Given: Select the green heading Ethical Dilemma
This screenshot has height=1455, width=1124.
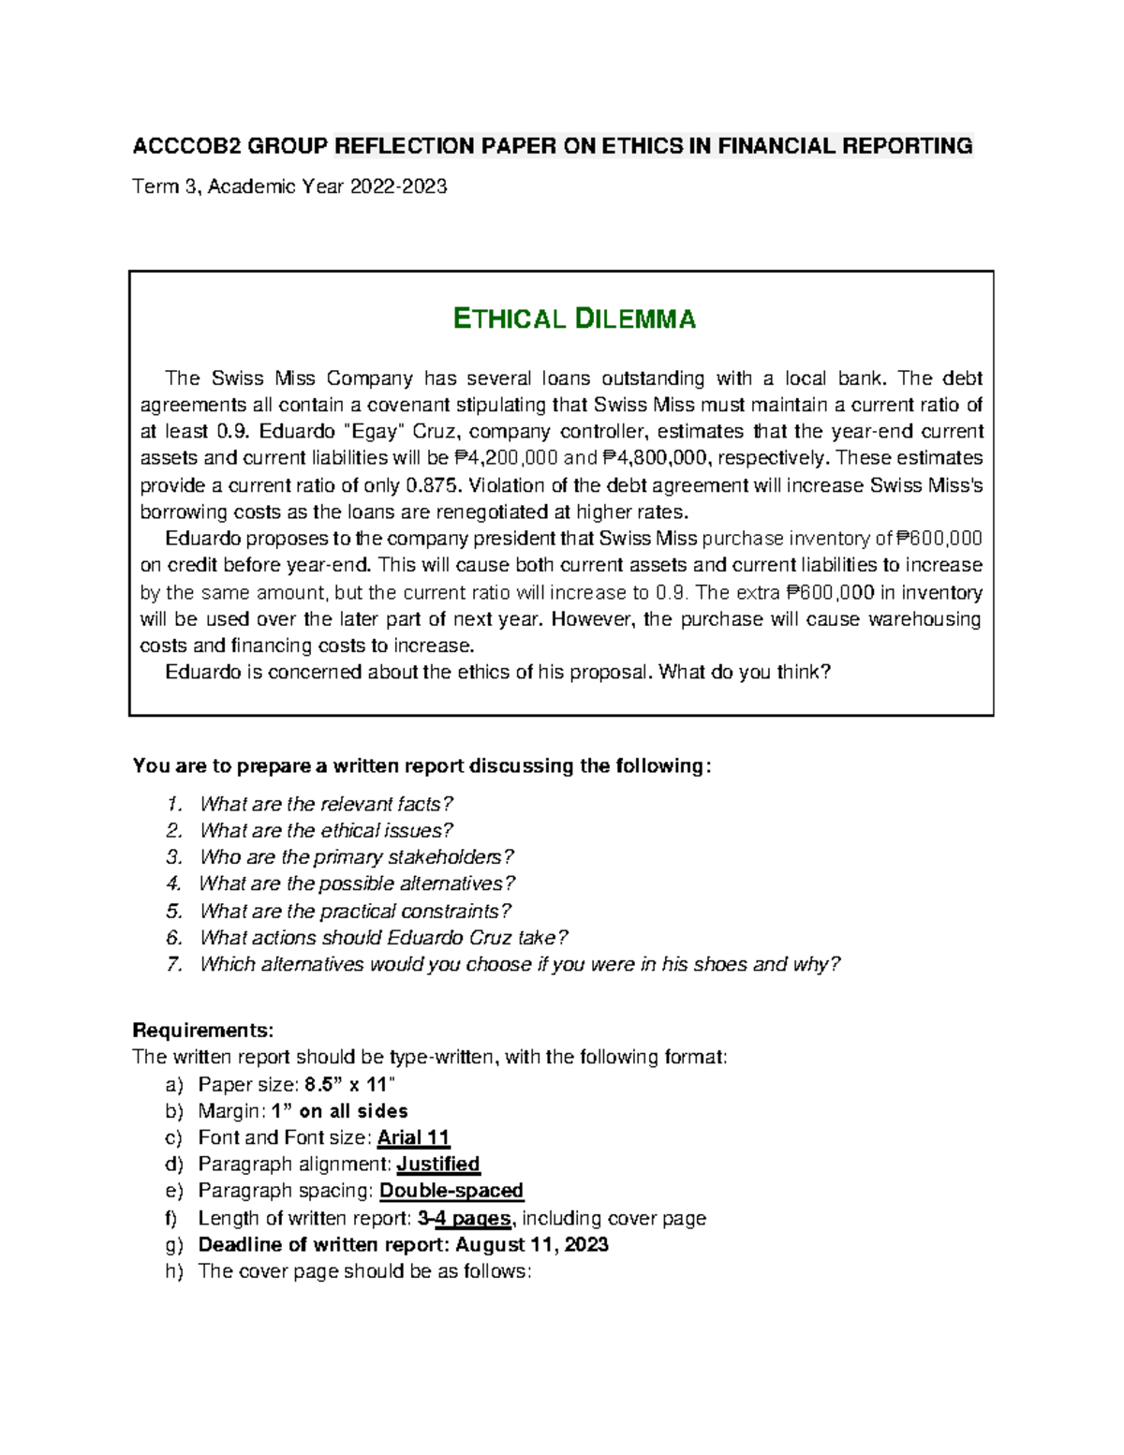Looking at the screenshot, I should pos(574,319).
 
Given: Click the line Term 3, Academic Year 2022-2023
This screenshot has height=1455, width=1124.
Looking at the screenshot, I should pos(289,186).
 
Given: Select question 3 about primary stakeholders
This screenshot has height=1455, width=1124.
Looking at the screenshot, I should pos(356,857).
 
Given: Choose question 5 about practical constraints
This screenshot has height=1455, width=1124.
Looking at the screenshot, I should pos(354,911).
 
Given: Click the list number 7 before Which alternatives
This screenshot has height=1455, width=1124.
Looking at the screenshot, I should pos(172,964).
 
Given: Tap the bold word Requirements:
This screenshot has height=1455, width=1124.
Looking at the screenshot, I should pos(203,1031).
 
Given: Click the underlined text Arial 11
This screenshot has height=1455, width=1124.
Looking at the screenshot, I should pos(413,1137).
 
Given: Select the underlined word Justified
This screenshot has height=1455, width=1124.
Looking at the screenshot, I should pos(438,1164).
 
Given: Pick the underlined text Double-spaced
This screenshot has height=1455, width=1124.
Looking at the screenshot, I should pos(451,1191).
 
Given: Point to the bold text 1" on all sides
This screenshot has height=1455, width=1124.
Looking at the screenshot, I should pos(339,1111).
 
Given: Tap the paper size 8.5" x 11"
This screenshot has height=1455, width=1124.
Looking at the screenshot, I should pos(350,1084).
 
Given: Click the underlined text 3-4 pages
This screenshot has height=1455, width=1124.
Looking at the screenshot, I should pos(465,1218).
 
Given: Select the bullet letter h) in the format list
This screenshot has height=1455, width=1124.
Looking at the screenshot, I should pos(174,1271).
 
